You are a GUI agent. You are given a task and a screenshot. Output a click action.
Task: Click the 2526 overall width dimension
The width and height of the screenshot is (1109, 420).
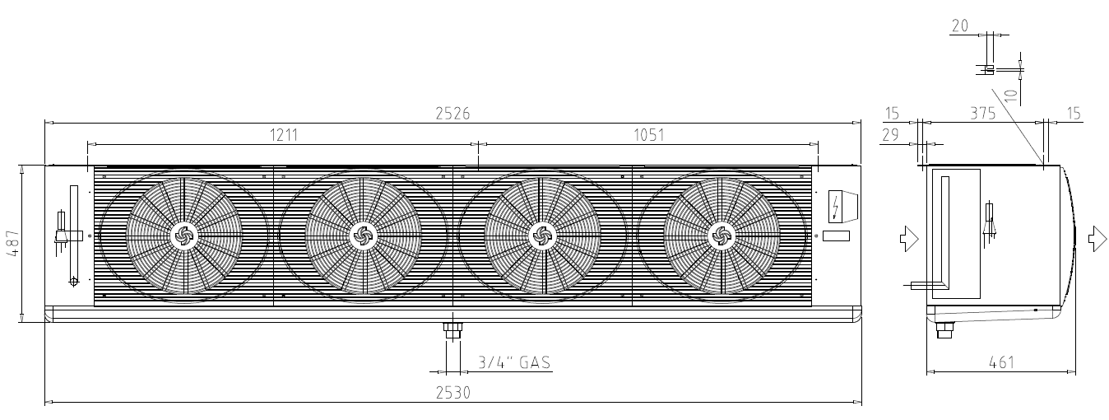452,114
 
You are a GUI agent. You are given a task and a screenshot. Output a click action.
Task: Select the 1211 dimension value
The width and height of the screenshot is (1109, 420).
284,135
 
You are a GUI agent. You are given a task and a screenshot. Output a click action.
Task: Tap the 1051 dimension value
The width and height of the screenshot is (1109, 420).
648,135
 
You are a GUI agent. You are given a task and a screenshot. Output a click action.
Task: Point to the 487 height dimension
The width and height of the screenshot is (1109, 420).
13,243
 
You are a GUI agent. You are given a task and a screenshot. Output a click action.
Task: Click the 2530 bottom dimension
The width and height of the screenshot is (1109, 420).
452,393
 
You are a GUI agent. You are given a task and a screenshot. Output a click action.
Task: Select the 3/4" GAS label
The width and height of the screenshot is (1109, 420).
514,362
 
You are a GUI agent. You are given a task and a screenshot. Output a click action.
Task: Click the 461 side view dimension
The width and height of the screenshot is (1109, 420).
1001,362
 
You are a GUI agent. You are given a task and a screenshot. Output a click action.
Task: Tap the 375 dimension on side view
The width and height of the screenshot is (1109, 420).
982,114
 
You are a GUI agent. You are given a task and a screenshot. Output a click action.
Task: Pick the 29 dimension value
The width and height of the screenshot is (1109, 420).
890,135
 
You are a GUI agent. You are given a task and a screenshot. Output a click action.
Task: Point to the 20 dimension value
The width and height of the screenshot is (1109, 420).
959,26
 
